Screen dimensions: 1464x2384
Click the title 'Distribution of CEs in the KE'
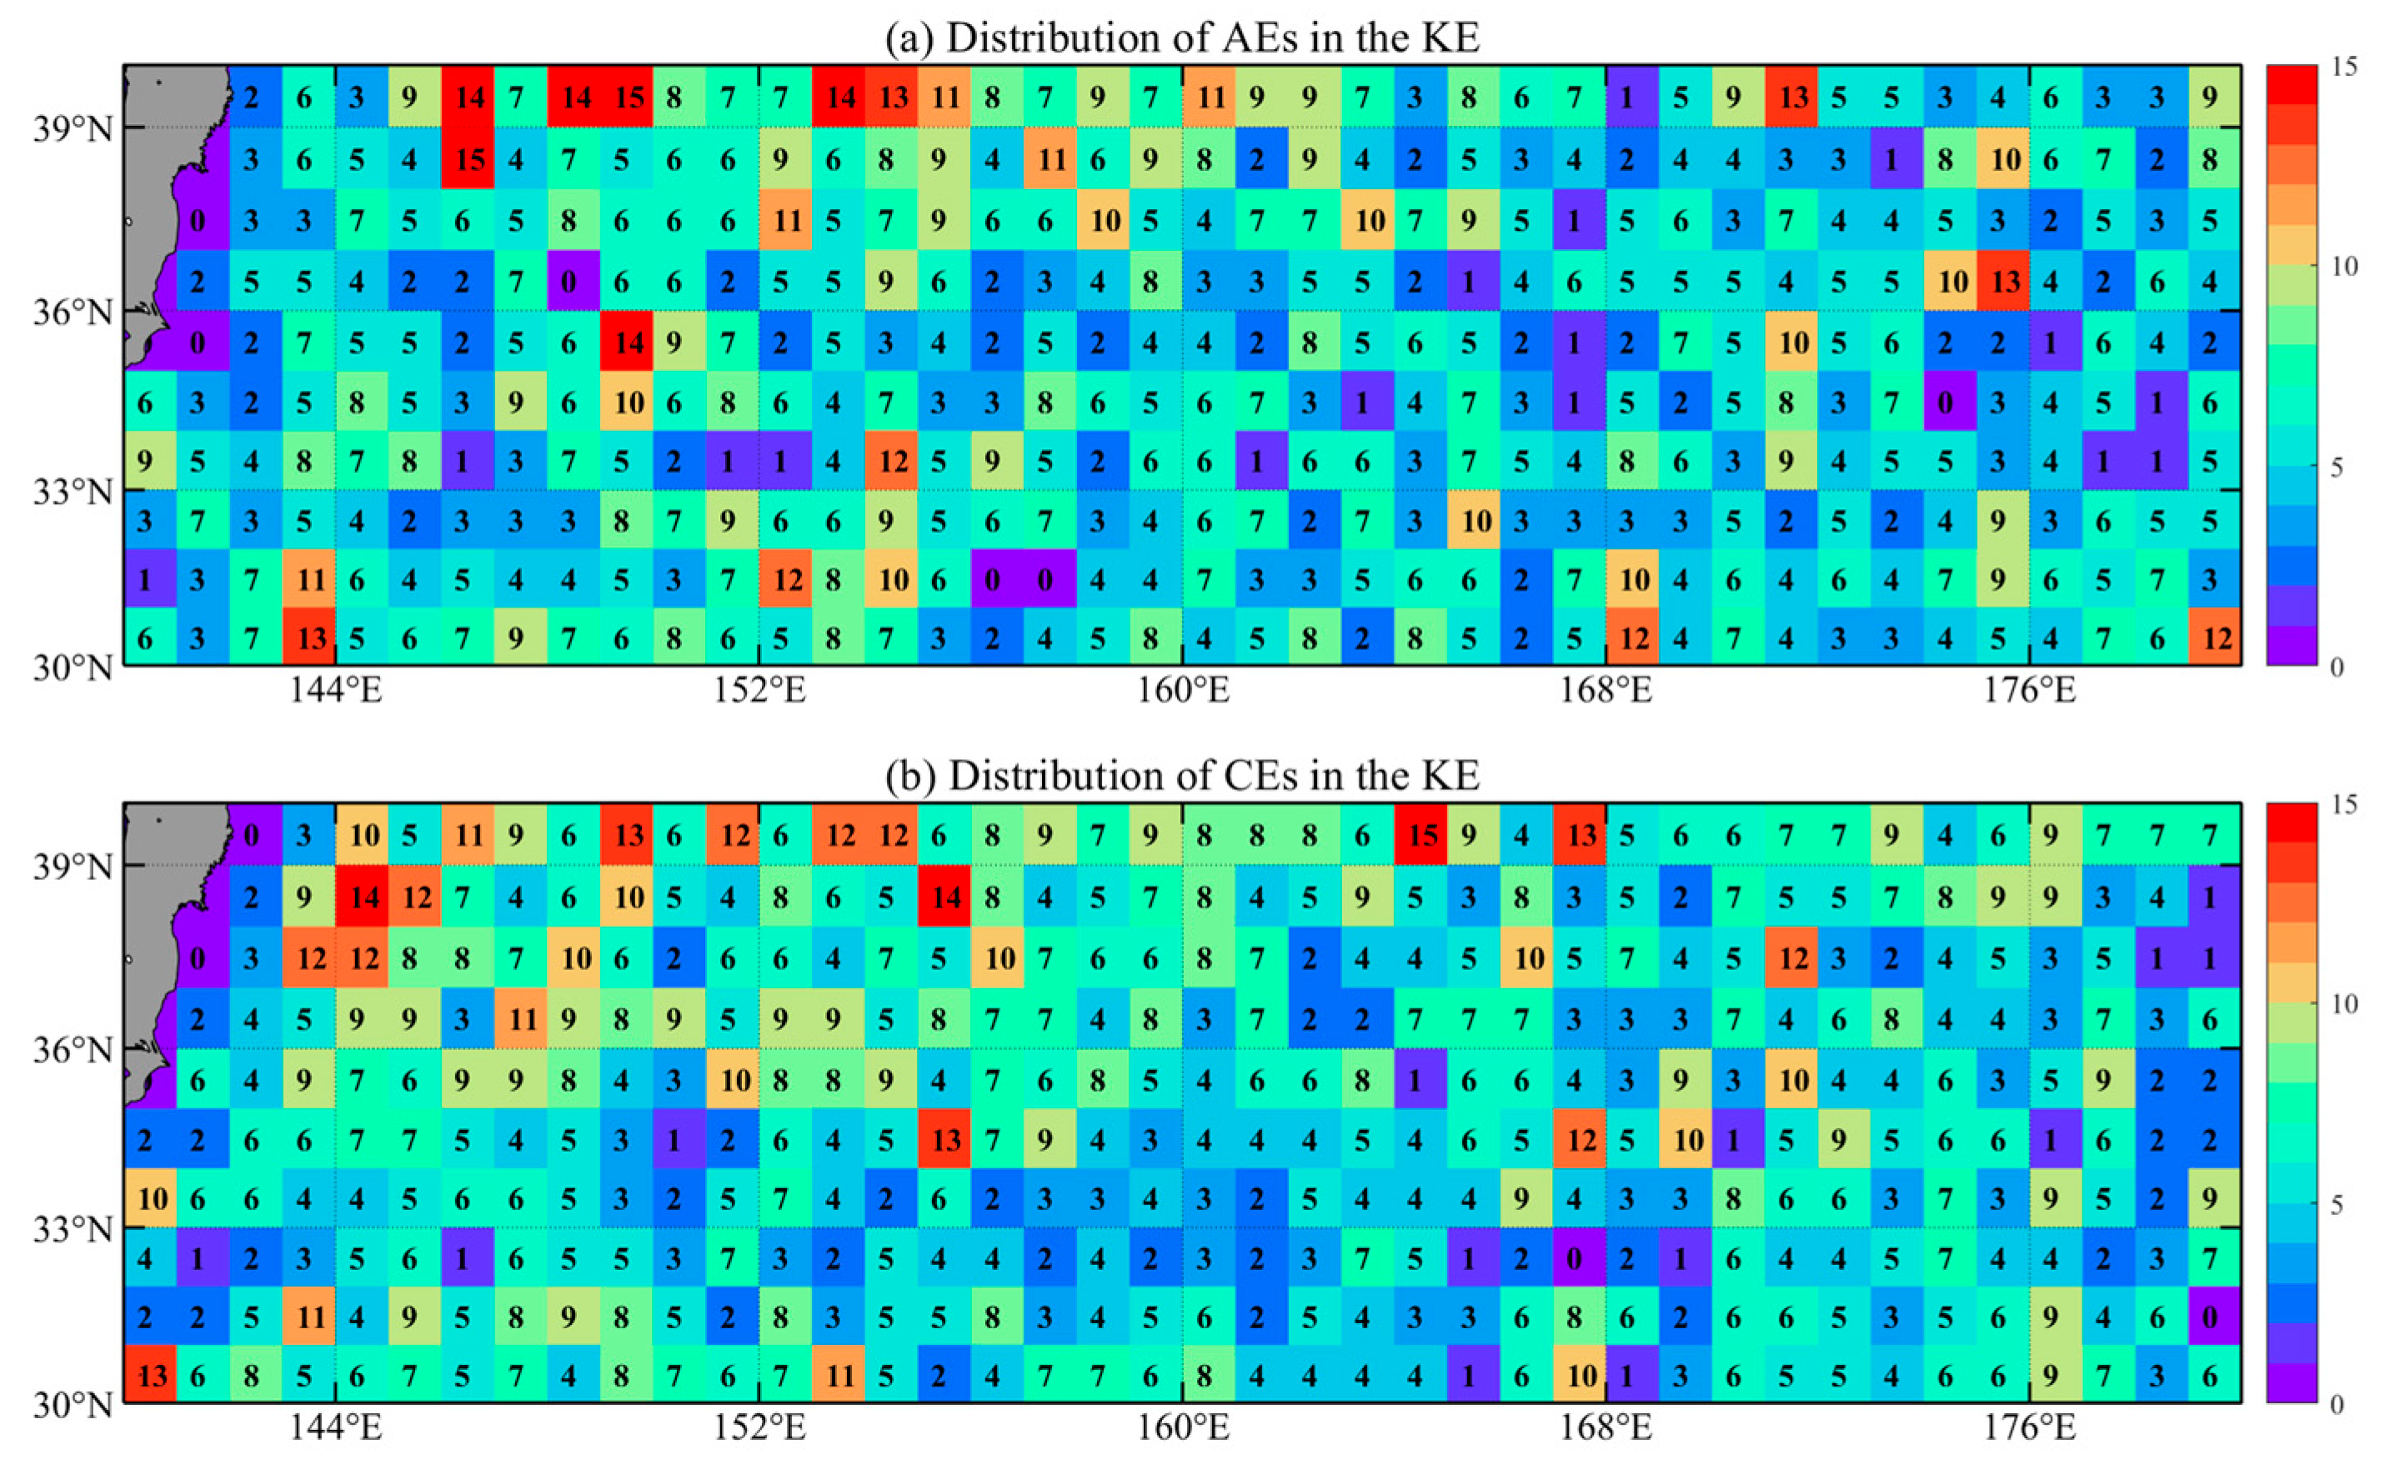click(x=1181, y=775)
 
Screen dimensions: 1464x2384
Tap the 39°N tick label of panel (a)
click(x=73, y=127)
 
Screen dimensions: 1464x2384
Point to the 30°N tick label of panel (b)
click(x=73, y=1404)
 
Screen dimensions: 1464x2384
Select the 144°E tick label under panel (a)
click(x=336, y=691)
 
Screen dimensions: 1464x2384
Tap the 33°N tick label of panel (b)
click(x=73, y=1230)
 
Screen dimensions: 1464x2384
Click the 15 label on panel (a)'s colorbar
click(x=2344, y=67)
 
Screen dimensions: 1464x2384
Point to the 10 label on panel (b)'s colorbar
click(x=2344, y=1004)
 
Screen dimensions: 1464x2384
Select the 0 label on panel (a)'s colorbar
click(x=2336, y=667)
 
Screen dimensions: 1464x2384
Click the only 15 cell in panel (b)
click(x=1421, y=835)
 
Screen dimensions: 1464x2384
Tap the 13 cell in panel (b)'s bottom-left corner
click(x=151, y=1375)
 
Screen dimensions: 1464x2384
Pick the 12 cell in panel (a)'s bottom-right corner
click(x=2214, y=638)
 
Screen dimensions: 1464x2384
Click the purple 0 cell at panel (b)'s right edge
click(x=2214, y=1317)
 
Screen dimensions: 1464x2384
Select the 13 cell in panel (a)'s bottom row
click(x=310, y=638)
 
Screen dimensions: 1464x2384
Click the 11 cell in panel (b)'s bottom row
click(x=839, y=1375)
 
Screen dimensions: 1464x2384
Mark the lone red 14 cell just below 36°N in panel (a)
click(x=628, y=342)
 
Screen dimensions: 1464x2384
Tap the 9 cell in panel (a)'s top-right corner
click(x=2214, y=97)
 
